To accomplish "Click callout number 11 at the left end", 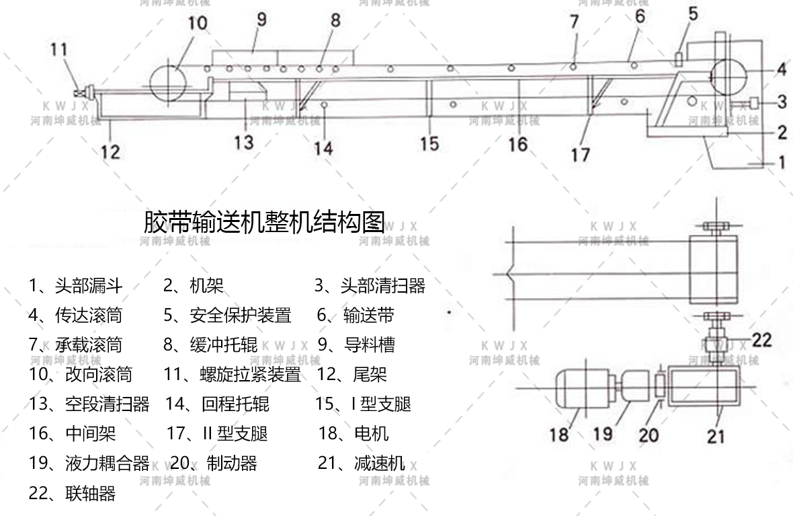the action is coord(58,49).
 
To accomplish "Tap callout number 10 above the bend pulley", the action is coord(198,23).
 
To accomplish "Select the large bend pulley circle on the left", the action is coord(169,83).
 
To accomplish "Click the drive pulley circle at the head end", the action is coord(728,77).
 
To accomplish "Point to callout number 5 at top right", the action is coord(693,14).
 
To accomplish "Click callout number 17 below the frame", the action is coord(581,155).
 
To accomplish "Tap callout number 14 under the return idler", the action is coord(323,149).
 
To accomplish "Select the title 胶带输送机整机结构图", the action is coord(264,222).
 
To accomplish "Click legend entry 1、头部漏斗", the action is coord(75,286).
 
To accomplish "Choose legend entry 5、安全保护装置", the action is coord(227,316).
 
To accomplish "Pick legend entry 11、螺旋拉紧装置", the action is coord(232,375).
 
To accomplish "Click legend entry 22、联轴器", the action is coord(72,492).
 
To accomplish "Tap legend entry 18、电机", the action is coord(353,433).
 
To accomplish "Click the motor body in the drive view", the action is coord(585,389).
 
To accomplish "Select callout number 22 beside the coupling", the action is coord(761,340).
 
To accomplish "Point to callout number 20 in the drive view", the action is coord(649,435).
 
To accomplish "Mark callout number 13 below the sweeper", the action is coord(243,143).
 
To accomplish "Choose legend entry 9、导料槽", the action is coord(356,345).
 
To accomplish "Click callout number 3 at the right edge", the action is coord(782,102).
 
